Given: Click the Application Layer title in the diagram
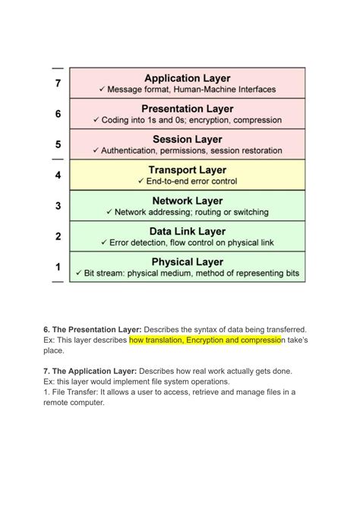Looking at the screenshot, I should pos(187,78).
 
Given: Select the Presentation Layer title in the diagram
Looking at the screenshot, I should pos(187,109).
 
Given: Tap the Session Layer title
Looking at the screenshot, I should pos(187,139).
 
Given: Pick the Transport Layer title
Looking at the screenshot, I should pos(187,170).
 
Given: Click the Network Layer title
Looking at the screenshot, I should pos(187,201).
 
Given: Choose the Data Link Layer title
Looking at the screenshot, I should pos(187,231).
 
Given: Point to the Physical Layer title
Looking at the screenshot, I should pos(187,262).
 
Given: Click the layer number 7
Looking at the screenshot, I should pos(58,84).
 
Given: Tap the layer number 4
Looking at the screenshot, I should pos(58,176).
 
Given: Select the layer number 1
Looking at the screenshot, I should pos(58,267).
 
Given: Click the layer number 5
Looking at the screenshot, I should pos(58,144).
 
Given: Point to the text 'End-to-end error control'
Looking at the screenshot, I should pos(191,182).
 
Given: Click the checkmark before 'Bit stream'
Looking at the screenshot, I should pos(78,273).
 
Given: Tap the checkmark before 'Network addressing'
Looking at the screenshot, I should pos(109,212).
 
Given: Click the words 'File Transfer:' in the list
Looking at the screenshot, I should pos(74,392).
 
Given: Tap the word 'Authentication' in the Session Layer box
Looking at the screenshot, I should pos(134,151).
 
